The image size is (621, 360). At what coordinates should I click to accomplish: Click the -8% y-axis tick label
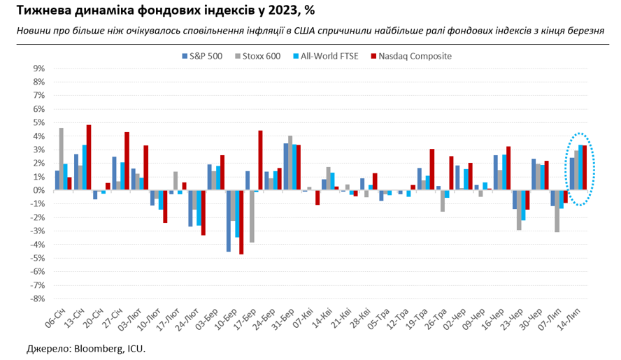point(37,298)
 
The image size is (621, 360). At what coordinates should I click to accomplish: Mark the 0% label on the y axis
point(38,190)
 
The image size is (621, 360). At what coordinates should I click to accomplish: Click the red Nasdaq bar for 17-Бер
point(260,160)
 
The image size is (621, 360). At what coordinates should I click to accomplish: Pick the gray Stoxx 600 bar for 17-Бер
point(252,216)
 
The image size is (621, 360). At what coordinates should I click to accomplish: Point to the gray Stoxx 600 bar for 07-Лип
point(557,211)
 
